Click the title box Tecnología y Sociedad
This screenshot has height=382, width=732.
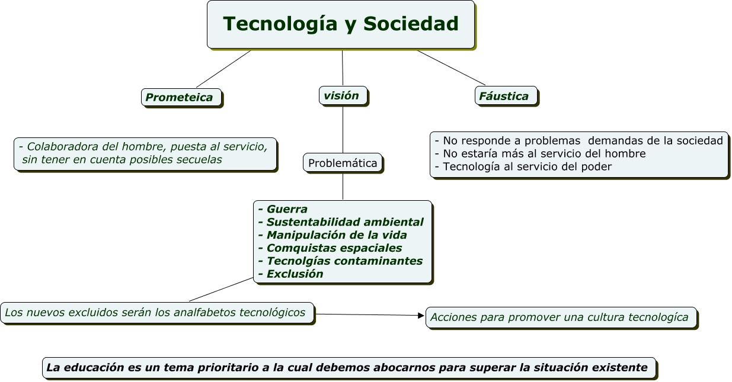[341, 24]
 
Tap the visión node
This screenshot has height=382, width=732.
[343, 95]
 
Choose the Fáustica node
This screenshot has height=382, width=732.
[506, 96]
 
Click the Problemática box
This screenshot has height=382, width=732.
[343, 163]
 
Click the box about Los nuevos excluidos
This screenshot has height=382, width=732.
[156, 312]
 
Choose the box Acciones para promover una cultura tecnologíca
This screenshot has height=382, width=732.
[560, 317]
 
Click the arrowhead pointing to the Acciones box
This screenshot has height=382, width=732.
[421, 316]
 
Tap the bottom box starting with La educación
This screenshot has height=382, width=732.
[349, 368]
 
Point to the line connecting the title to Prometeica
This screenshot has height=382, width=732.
[223, 69]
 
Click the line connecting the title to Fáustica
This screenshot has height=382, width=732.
[450, 68]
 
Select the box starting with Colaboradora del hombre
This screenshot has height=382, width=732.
[145, 153]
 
